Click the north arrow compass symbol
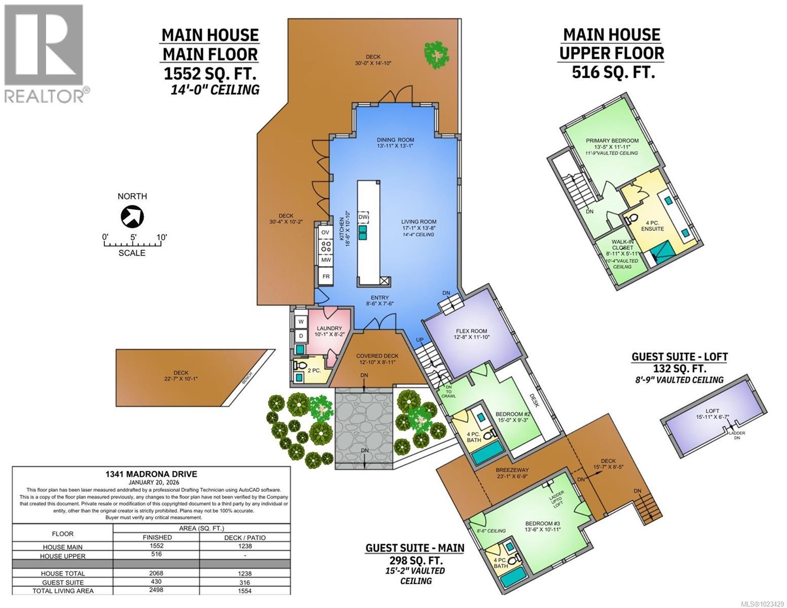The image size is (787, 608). (132, 217)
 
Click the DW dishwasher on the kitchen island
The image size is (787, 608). (363, 217)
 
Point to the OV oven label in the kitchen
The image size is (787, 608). (325, 233)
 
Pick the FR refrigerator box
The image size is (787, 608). (326, 277)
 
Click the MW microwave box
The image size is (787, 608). (326, 260)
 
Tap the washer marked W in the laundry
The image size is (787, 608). (301, 322)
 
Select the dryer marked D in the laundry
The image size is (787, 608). (301, 336)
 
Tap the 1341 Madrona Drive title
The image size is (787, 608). (151, 474)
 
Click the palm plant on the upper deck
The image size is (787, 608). (436, 54)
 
